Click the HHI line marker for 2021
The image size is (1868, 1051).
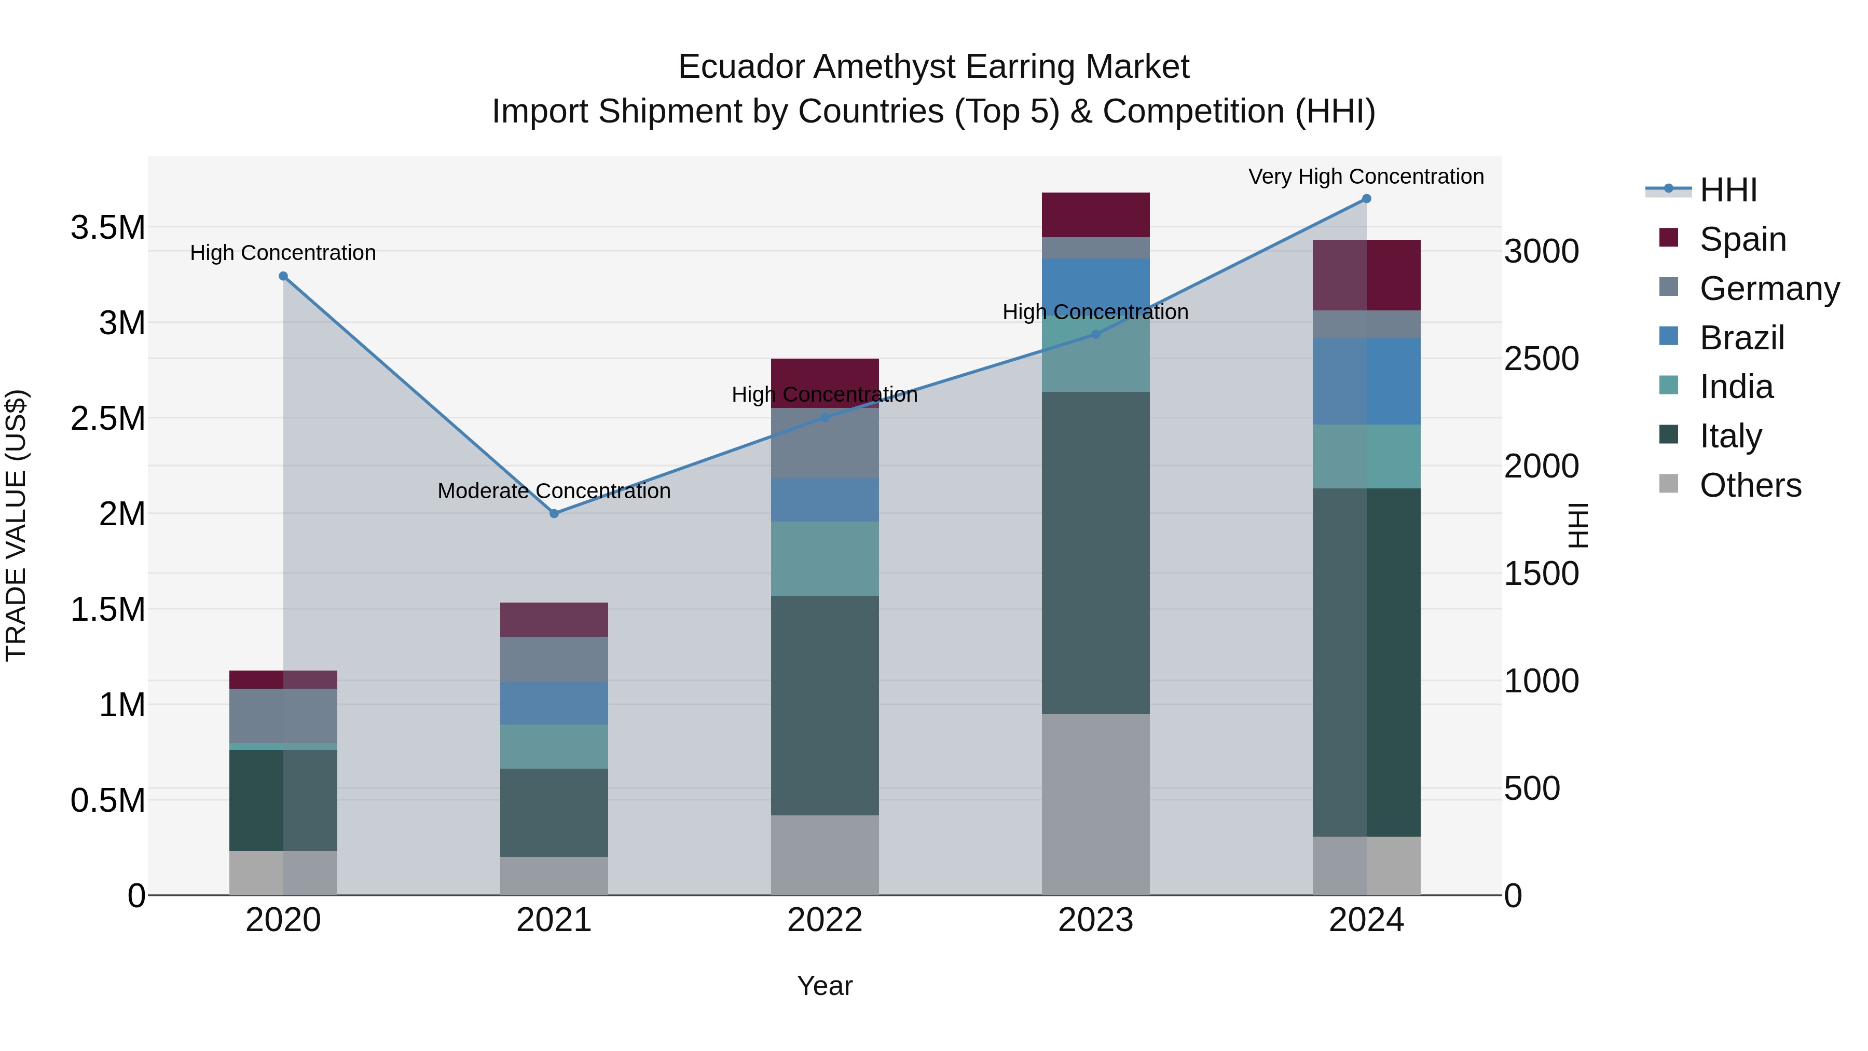pos(554,513)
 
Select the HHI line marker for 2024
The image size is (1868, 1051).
pos(1367,199)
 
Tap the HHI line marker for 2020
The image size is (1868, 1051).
pos(283,276)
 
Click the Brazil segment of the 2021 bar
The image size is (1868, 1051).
pos(554,703)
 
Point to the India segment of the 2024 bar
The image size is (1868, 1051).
pos(1367,456)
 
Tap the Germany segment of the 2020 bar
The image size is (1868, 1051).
pos(283,716)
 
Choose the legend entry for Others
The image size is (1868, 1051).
pos(1750,485)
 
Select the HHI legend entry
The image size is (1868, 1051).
pos(1727,190)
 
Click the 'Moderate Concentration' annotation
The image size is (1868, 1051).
pos(554,491)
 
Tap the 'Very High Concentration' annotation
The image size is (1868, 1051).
pos(1366,176)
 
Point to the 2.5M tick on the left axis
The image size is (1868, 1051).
pos(108,418)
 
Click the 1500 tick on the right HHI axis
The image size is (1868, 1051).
pos(1541,574)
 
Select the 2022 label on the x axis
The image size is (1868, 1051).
pos(825,920)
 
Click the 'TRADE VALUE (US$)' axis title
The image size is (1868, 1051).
pos(16,525)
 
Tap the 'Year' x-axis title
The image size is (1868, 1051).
pos(825,986)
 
